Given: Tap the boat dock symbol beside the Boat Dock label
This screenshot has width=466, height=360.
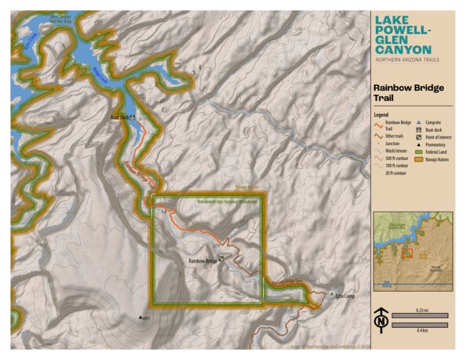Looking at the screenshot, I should (134, 117).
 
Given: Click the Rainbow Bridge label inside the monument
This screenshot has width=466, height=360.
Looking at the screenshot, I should (202, 260).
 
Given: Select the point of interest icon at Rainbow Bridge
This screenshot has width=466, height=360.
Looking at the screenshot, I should (221, 259).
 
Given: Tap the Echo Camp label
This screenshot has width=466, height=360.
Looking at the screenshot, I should (344, 296).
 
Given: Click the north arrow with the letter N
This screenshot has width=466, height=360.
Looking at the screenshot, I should (380, 320).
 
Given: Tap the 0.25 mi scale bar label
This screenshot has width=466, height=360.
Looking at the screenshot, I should (420, 311).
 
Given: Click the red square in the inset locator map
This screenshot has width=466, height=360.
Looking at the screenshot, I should (406, 253).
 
